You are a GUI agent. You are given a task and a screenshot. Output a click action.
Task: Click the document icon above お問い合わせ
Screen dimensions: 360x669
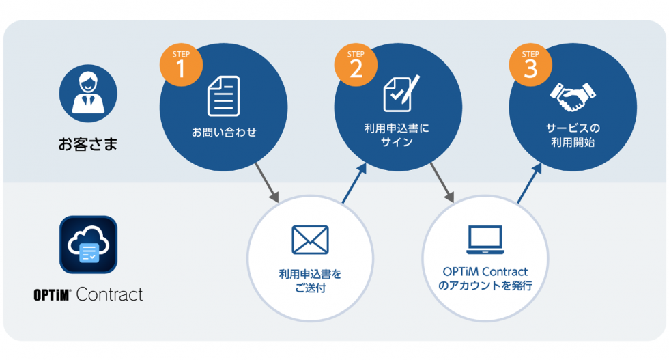coord(224,96)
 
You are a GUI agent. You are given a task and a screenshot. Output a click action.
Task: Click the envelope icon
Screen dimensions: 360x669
coord(310,239)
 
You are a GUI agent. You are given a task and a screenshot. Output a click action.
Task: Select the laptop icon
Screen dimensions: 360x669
coord(485,238)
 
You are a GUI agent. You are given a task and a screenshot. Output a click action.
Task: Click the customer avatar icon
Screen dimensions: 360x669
coord(88,93)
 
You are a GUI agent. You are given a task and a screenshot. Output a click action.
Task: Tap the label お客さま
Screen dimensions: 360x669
coord(87,144)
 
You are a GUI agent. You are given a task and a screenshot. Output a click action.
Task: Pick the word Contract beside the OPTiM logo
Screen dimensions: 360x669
coord(110,294)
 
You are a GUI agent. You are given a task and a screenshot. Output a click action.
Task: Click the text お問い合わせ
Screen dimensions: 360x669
coord(224,133)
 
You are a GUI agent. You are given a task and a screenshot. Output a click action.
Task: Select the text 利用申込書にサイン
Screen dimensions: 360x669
coord(397,136)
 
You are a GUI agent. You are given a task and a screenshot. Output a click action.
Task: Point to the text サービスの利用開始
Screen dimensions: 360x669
coord(573,135)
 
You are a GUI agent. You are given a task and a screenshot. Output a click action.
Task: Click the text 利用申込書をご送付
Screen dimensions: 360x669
coord(310,281)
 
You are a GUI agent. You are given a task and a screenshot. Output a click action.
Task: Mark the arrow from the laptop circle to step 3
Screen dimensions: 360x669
coord(530,183)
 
